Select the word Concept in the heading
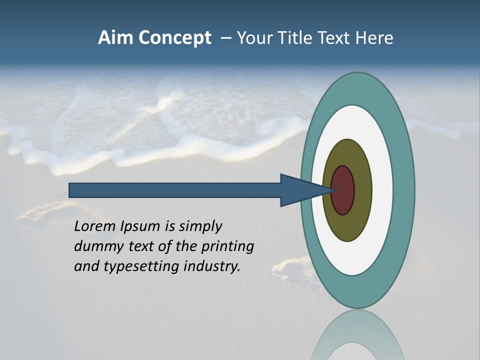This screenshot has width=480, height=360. point(174,38)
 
